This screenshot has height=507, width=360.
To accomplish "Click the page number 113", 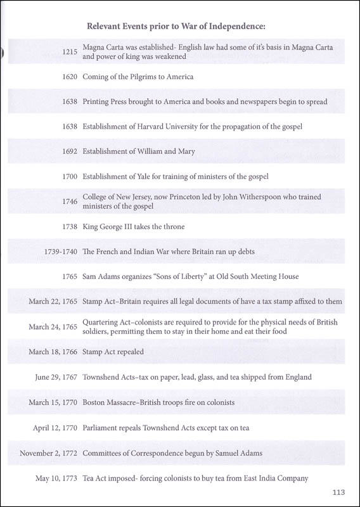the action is coord(337,490).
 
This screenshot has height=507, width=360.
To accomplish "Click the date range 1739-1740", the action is coord(53,252).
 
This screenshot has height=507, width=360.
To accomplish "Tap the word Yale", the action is coord(151,177).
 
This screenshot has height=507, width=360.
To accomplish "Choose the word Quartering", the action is coord(104,322).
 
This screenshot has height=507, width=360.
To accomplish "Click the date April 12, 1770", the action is coord(55,428).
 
